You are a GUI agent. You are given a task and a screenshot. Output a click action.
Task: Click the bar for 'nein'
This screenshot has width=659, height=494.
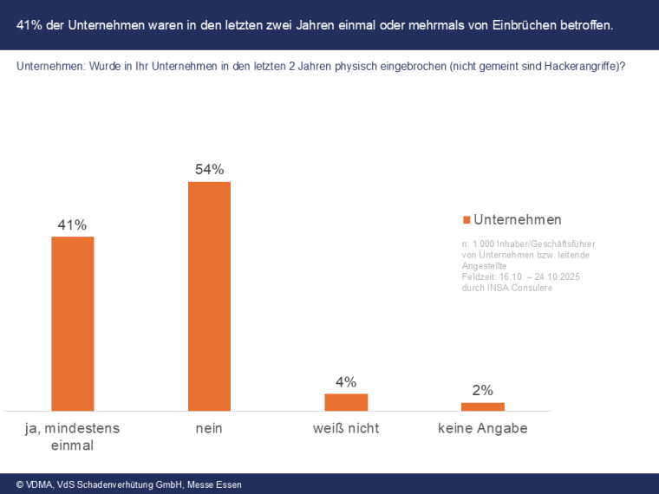[x=209, y=296]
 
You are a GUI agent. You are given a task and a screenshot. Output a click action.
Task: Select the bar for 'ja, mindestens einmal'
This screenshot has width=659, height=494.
[x=73, y=323]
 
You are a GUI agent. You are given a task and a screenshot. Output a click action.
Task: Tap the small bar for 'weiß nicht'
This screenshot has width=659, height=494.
[x=346, y=401]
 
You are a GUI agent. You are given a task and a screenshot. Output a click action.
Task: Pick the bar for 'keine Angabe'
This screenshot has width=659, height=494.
[x=482, y=406]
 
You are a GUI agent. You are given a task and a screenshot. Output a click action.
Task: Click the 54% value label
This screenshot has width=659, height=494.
[x=209, y=169]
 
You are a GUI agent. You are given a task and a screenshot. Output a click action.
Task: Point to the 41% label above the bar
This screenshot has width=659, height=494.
[x=72, y=224]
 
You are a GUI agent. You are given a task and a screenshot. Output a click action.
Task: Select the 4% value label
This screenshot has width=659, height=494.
[x=346, y=382]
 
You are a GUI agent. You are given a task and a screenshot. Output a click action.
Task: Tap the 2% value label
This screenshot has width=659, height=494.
[x=482, y=390]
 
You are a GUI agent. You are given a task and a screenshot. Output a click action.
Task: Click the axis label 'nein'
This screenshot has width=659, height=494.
[x=209, y=428]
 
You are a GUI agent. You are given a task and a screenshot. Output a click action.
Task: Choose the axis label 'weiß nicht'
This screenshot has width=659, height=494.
[x=346, y=428]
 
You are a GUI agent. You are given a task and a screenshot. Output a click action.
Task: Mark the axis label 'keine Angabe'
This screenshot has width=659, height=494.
[x=482, y=428]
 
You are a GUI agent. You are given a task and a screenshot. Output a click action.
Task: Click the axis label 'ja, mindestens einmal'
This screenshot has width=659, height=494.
[x=72, y=436]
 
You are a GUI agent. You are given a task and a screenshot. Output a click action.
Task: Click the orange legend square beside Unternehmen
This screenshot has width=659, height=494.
[x=467, y=220]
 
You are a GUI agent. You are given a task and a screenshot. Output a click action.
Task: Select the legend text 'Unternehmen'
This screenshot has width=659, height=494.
[x=518, y=219]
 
